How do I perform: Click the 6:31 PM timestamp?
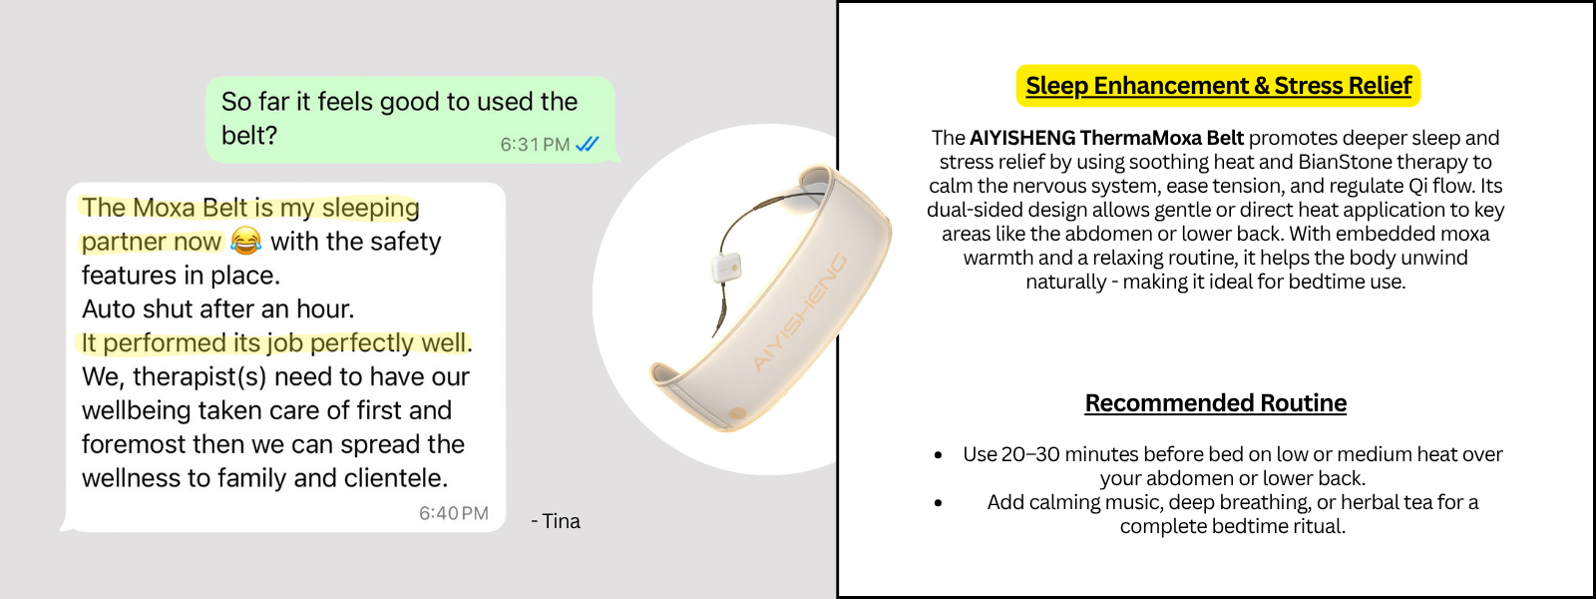pos(535,145)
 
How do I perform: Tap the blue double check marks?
pos(588,144)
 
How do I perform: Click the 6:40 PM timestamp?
pos(453,513)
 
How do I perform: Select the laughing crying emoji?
pos(245,241)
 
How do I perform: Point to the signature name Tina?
pos(562,521)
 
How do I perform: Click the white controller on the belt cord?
pos(725,269)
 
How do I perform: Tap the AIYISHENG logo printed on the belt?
pos(800,312)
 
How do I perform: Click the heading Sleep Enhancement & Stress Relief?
pos(1218,86)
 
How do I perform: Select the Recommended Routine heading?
pos(1216,403)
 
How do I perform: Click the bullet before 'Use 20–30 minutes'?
pos(939,455)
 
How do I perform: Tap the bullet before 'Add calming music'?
pos(939,503)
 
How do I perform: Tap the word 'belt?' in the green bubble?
pos(248,135)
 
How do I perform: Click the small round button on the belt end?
pos(737,413)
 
